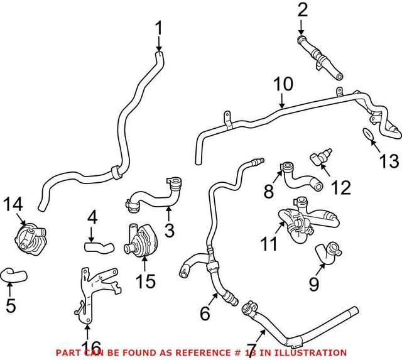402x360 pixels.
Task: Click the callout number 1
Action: coord(158,28)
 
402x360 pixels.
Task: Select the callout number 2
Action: coord(303,10)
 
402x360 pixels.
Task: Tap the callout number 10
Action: coord(283,84)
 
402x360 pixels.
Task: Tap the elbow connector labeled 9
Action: coord(326,253)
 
